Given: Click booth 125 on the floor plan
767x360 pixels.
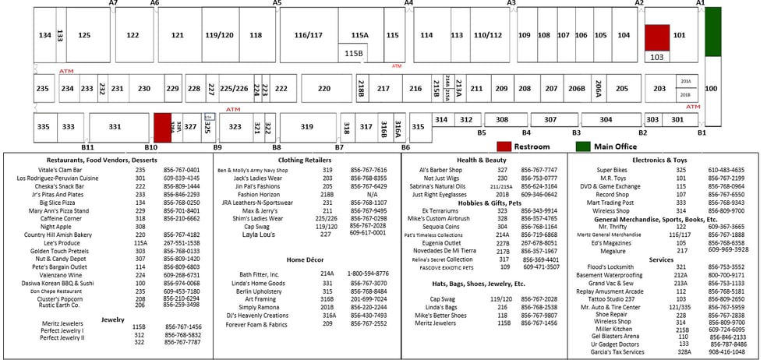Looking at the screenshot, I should pyautogui.click(x=84, y=35).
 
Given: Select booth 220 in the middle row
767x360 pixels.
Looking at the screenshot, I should pyautogui.click(x=324, y=89).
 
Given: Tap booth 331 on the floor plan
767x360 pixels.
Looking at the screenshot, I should pyautogui.click(x=115, y=126).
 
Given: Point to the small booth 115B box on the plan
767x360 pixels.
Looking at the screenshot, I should pyautogui.click(x=354, y=53).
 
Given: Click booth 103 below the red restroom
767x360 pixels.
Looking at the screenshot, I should pyautogui.click(x=656, y=57).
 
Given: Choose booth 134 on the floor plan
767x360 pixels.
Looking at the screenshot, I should pyautogui.click(x=44, y=35).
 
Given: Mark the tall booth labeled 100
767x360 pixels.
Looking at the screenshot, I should pyautogui.click(x=711, y=89).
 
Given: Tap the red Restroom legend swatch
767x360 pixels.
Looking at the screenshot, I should pyautogui.click(x=504, y=146).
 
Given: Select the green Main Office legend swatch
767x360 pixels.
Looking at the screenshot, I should pyautogui.click(x=583, y=146).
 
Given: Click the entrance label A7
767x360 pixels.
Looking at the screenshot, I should pyautogui.click(x=113, y=4).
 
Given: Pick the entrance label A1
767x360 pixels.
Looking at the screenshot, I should pyautogui.click(x=700, y=4).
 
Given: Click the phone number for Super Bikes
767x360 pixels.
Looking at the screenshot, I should pyautogui.click(x=726, y=170).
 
